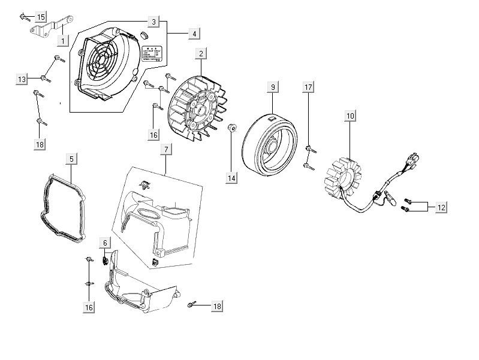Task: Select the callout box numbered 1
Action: [61, 41]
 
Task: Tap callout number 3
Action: [154, 22]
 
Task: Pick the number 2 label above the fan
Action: [200, 54]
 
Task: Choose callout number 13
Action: [22, 79]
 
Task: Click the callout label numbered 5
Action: [71, 159]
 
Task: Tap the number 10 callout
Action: [350, 114]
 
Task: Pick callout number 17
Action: [308, 88]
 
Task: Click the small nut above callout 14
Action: [232, 127]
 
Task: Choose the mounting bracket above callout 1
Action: [51, 27]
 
